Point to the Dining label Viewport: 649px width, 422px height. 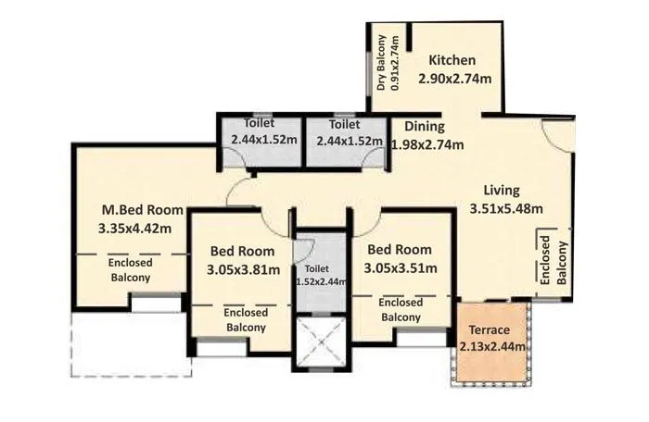pos(425,127)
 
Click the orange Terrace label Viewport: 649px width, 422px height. pos(492,330)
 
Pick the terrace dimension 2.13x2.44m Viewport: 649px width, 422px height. pos(493,347)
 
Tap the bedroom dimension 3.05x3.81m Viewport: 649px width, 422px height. pos(242,269)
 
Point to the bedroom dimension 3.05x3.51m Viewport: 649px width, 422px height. pos(400,267)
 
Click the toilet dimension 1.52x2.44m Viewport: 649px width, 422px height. pos(321,282)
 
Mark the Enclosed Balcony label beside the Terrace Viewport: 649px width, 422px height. pos(401,310)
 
